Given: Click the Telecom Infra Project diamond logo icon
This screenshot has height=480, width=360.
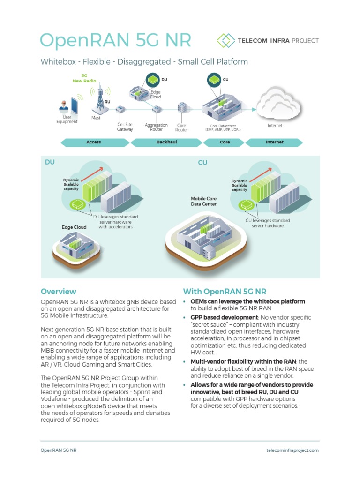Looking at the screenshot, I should coord(226,40).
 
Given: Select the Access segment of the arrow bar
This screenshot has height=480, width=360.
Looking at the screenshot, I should coord(94,142).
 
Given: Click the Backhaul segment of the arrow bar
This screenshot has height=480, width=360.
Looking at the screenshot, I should coord(166,142).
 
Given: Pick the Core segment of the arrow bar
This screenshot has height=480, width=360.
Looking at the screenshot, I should coord(225,142).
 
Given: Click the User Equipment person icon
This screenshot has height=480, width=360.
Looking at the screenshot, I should coord(64,107).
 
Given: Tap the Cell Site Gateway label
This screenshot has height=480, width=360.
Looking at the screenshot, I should coord(125,127).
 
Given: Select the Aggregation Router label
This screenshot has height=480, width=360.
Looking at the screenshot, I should coord(157,127).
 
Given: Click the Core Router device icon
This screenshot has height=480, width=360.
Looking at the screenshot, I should coord(182,108).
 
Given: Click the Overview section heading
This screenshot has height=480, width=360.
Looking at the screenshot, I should coord(58,291).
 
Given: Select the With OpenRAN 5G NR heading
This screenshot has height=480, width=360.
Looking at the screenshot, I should coord(225,291).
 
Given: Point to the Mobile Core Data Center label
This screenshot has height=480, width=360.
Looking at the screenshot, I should coord(203,201).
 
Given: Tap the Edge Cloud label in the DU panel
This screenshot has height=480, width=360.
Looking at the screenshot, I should coord(74,227).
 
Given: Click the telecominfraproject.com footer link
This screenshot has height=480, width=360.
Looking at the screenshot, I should coord(292,450).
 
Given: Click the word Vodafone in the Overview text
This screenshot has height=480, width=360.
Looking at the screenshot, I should coord(57,398).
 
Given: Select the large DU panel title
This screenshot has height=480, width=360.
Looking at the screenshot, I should coord(50,162).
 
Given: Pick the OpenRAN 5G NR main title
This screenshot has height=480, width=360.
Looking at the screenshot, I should coord(116,40).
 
